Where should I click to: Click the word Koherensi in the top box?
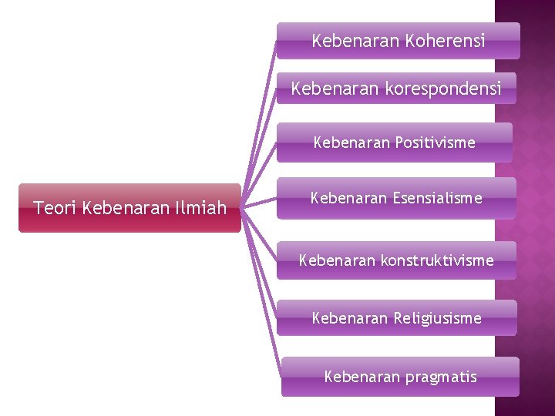pos(446,41)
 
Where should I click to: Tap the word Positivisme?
pos(435,143)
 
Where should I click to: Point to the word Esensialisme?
pos(437,198)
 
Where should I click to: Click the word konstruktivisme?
pos(436,260)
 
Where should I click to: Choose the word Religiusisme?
pos(437,317)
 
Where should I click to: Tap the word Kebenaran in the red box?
pos(128,207)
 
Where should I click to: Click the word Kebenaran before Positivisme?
pos(351,143)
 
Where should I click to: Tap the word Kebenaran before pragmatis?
pos(361,377)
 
